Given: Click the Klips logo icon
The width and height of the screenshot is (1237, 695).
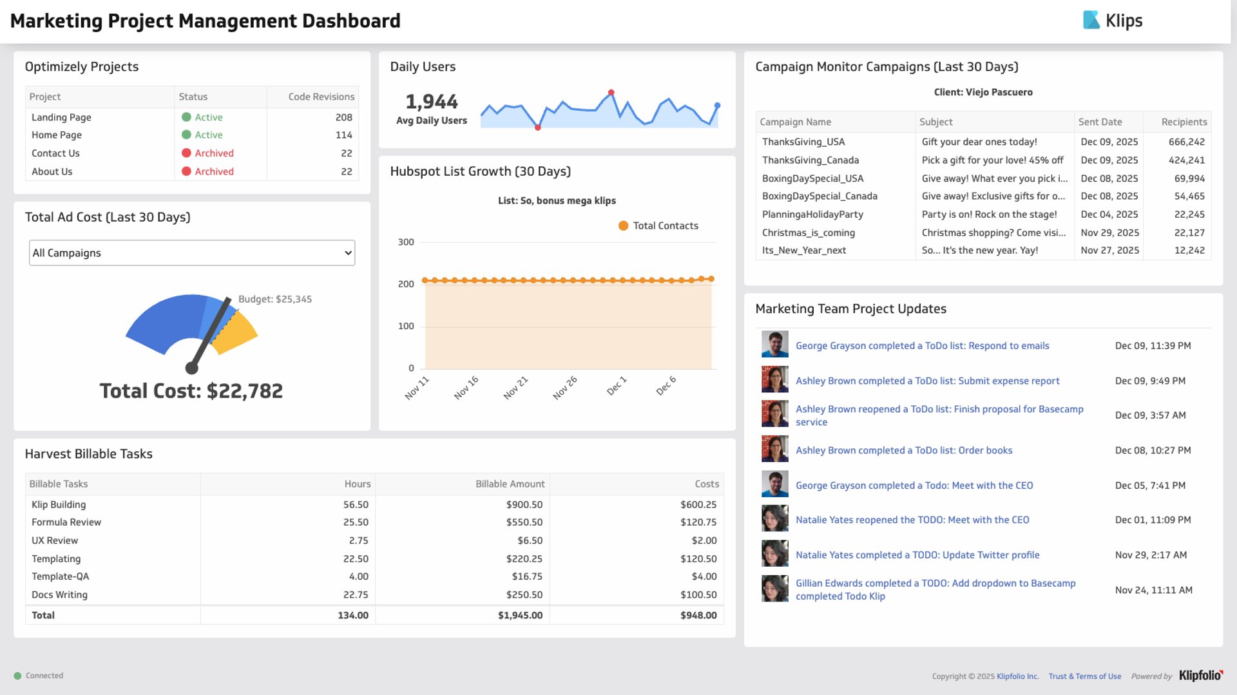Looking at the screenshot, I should coord(1091,20).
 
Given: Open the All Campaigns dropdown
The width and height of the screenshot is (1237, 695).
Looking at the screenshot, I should coord(191,253).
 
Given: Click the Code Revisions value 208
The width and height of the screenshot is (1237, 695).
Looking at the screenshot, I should coord(343,117).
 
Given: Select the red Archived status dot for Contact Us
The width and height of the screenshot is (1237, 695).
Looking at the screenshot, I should coord(186,153).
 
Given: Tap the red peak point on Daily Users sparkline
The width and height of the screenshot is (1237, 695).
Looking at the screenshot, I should coord(611,93).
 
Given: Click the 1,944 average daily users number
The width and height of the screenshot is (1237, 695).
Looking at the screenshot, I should coord(431,102).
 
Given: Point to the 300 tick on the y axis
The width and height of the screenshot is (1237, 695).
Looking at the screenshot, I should coord(406,242).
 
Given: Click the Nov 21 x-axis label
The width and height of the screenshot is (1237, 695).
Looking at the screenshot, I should coord(515,388).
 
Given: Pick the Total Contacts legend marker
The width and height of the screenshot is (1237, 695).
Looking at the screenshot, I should coord(623,226).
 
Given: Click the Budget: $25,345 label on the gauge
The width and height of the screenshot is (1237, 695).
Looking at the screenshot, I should coord(275,300).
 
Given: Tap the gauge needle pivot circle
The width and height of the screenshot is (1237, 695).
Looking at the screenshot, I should coord(191,368).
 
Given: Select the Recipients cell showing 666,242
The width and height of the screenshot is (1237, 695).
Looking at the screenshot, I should coord(1186,142).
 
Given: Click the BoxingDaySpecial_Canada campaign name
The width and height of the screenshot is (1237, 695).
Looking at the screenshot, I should coord(820,196).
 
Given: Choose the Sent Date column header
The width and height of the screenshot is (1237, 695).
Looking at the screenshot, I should coord(1100,122).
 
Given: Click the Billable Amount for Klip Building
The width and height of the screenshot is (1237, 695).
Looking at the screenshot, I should coord(524,505).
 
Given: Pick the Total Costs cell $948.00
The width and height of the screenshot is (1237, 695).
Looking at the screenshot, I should coord(698,616).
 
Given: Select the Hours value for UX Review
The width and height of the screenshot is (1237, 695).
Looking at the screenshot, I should coord(358,541).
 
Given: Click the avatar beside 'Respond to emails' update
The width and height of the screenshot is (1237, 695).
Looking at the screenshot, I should coord(774,345).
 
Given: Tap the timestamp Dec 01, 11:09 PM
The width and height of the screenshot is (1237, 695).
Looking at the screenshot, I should coord(1153,520).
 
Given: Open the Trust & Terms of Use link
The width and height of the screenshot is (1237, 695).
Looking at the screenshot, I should coord(1084,676).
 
